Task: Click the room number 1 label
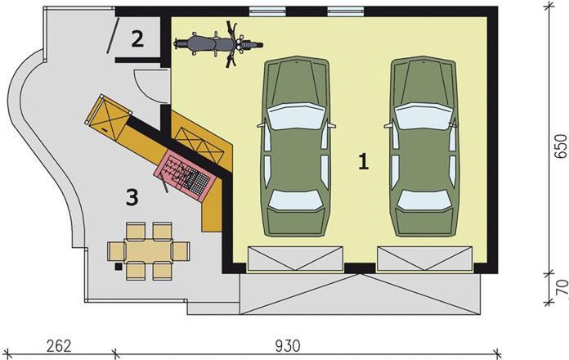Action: point(363,161)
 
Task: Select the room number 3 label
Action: point(131,196)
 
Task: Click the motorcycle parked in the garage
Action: point(217,43)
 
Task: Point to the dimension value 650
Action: point(560,143)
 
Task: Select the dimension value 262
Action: point(58,344)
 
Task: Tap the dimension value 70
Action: point(560,290)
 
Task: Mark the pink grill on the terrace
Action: point(187,173)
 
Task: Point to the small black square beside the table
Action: point(119,266)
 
